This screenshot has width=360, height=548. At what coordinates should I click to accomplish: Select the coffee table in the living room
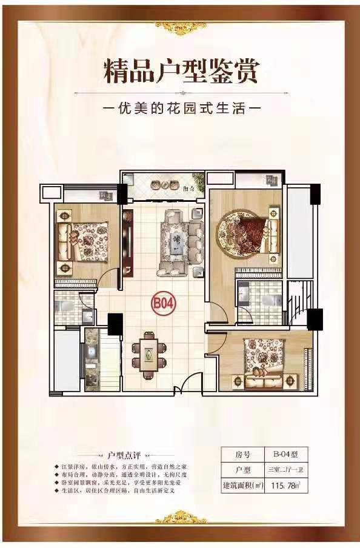pos(178,241)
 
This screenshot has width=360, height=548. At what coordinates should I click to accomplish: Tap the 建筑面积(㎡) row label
pos(241,486)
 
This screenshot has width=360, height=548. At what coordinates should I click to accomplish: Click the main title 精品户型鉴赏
pos(181,70)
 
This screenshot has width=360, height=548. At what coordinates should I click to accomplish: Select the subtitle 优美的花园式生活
pos(181,112)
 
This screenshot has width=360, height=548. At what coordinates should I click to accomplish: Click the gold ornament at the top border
pos(180,25)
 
